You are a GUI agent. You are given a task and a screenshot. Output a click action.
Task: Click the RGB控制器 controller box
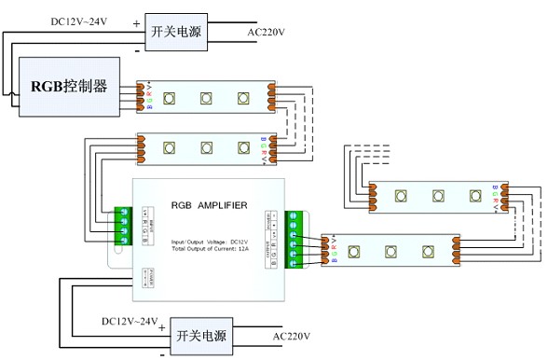(x=70, y=87)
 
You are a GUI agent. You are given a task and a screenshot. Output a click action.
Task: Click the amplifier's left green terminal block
(x=121, y=225)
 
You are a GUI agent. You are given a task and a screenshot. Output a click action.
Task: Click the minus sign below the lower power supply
(x=164, y=353)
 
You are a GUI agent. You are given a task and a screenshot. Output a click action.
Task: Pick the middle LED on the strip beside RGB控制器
(x=206, y=97)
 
